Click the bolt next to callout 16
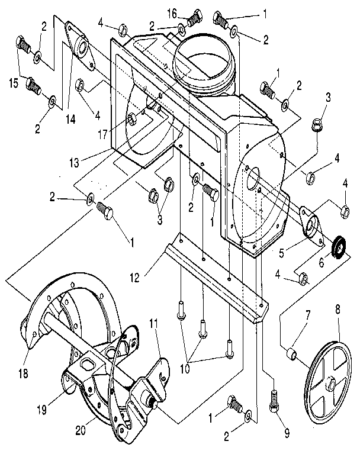(x=194, y=20)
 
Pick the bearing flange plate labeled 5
(x=310, y=224)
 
